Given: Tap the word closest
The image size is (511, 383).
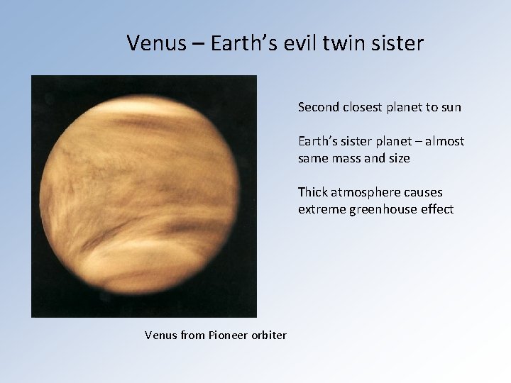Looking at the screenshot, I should [361, 108].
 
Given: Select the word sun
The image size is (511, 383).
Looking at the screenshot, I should [450, 108].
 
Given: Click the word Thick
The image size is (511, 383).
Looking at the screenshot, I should [312, 192].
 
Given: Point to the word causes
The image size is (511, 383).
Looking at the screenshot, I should [424, 192].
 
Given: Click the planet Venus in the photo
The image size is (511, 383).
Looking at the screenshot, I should [144, 196].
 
